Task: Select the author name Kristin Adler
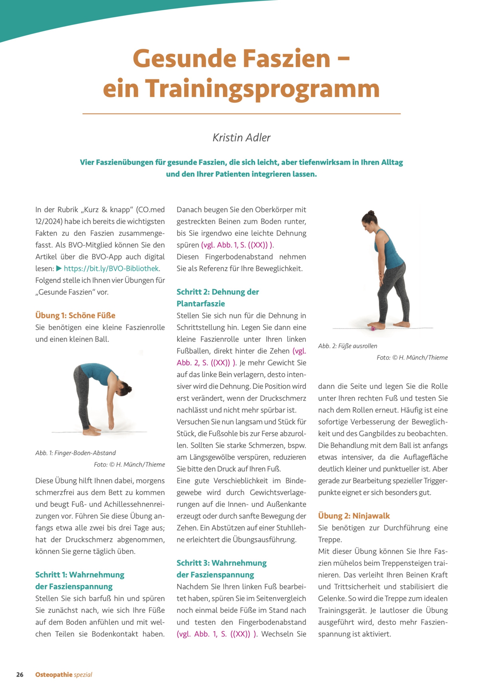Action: [241, 137]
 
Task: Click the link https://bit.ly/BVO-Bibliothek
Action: [111, 269]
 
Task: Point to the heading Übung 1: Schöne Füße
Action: [75, 315]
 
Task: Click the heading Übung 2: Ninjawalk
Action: [354, 516]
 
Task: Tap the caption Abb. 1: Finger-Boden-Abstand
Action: [76, 453]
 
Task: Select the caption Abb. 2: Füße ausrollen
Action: [348, 346]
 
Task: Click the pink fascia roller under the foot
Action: [373, 328]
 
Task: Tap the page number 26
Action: [20, 675]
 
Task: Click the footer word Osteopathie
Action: [54, 675]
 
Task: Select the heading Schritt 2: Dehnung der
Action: [218, 292]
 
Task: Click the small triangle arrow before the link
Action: [59, 269]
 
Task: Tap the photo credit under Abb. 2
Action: [412, 358]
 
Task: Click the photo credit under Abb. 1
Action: [129, 465]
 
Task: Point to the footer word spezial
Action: [83, 675]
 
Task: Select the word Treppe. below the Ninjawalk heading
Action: [330, 540]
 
